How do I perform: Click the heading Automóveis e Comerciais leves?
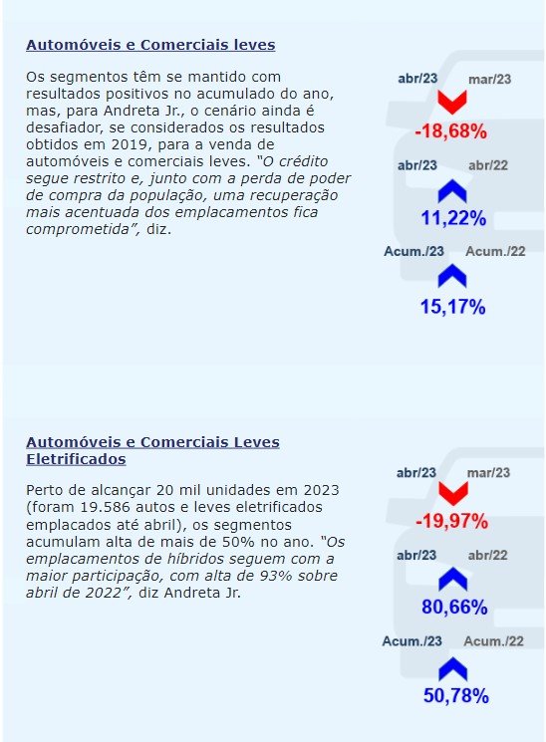click(150, 45)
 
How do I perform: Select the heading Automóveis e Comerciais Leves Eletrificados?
click(152, 450)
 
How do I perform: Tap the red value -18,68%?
click(450, 131)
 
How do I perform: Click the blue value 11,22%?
click(453, 218)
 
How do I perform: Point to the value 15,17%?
click(452, 307)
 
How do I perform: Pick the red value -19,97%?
click(451, 522)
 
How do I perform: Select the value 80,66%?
click(454, 607)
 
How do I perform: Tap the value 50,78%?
click(456, 695)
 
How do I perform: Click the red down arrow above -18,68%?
click(451, 103)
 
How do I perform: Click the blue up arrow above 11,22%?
click(452, 190)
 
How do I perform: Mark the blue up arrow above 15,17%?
click(452, 276)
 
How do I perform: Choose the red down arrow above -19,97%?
click(453, 494)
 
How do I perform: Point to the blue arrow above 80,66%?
click(453, 579)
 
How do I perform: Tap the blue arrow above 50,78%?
click(453, 668)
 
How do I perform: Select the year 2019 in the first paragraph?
click(128, 144)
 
